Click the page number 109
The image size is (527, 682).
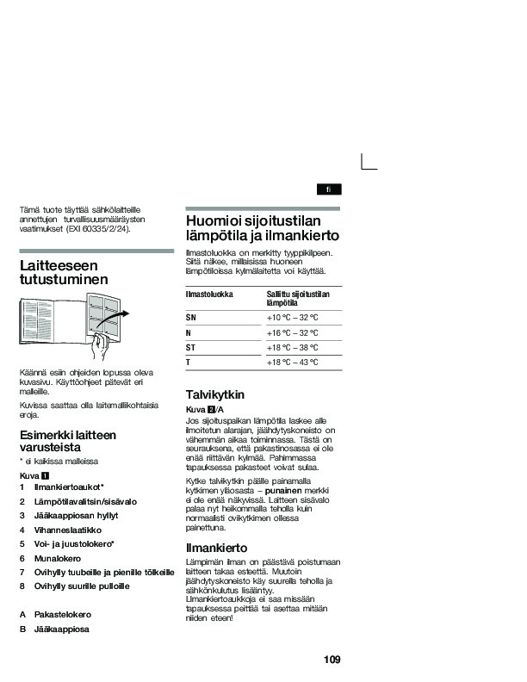(x=332, y=660)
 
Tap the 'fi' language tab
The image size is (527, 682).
(x=327, y=189)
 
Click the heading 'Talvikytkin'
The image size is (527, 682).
(x=215, y=394)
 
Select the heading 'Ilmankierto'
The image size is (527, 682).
(x=217, y=548)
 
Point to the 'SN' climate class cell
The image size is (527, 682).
(x=191, y=318)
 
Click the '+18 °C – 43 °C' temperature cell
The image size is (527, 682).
(x=293, y=363)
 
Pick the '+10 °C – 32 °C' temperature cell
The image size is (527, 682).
(x=293, y=318)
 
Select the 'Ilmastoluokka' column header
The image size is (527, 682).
(x=209, y=294)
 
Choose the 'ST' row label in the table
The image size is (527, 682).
(x=191, y=348)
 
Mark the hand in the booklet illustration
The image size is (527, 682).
(x=103, y=346)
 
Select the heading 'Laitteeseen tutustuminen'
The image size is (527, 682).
(x=64, y=273)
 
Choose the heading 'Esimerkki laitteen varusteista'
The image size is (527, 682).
(x=67, y=441)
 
